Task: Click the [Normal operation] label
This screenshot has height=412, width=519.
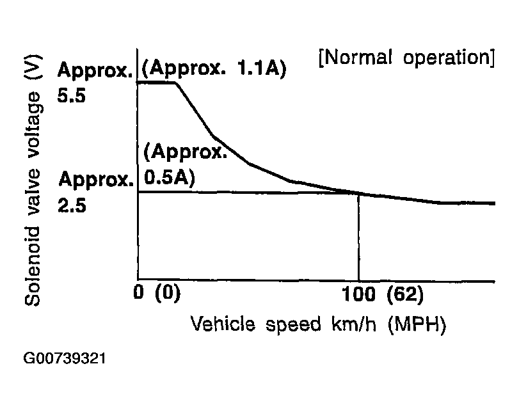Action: click(x=406, y=58)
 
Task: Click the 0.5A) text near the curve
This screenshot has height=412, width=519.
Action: click(x=170, y=177)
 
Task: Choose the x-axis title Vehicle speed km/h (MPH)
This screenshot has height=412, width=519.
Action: click(x=317, y=324)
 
